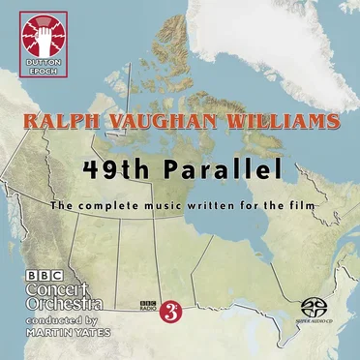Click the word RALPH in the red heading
[62, 124]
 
